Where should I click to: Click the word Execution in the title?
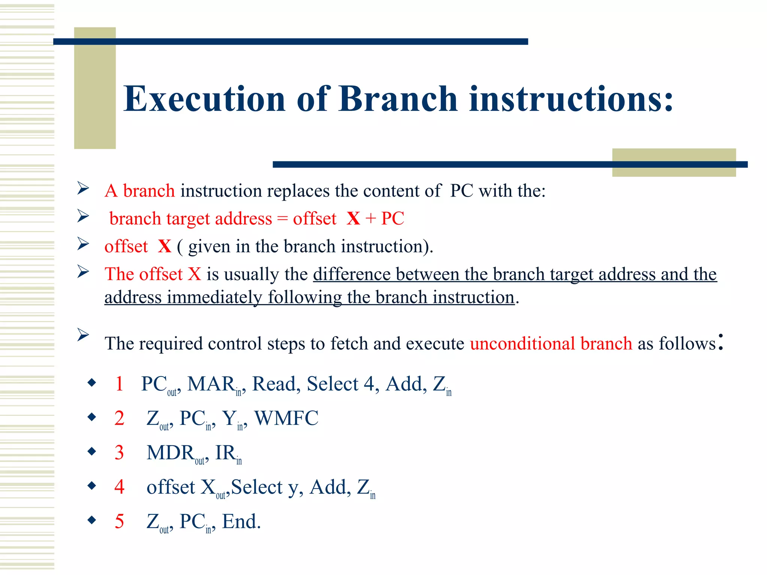tap(204, 99)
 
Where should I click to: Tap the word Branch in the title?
tap(398, 99)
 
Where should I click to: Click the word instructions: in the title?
tap(571, 99)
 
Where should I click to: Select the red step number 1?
tap(119, 384)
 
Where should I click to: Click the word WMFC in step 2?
tap(287, 419)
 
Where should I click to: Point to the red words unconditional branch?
tap(551, 344)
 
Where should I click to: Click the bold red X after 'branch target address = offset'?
tap(353, 219)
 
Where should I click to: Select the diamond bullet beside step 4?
tap(92, 486)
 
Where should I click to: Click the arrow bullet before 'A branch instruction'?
tap(83, 188)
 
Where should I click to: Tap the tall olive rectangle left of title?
tap(95, 88)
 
